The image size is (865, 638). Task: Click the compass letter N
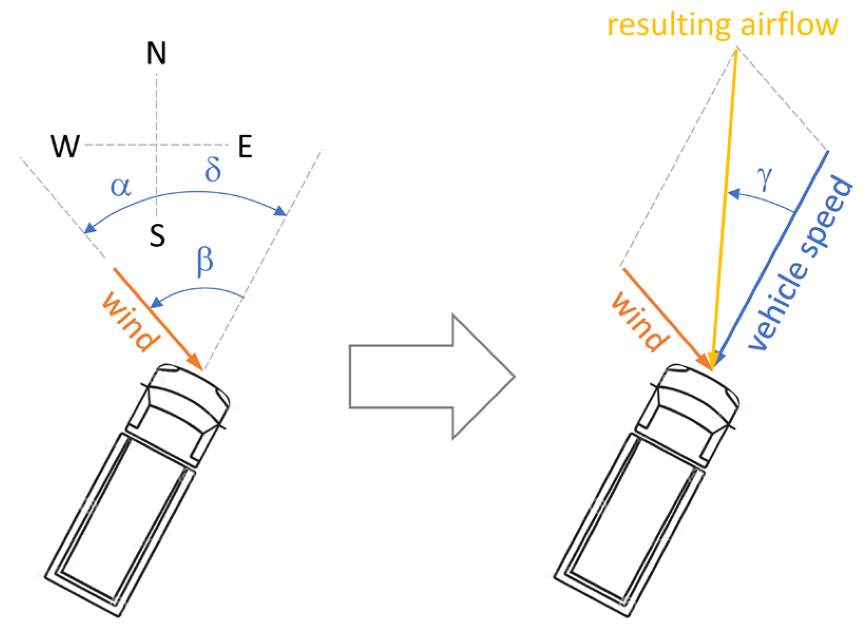[x=156, y=53]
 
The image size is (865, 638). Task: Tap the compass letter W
[x=65, y=146]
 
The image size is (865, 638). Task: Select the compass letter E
[x=245, y=147]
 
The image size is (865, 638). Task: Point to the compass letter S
[x=157, y=235]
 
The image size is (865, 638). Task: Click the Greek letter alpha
[x=121, y=186]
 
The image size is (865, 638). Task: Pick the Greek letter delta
[x=213, y=169]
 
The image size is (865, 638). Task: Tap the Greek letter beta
[x=205, y=261]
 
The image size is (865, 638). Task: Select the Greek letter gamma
[x=765, y=178]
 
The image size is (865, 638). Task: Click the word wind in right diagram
[x=640, y=321]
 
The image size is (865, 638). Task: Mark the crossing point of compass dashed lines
[x=157, y=145]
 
